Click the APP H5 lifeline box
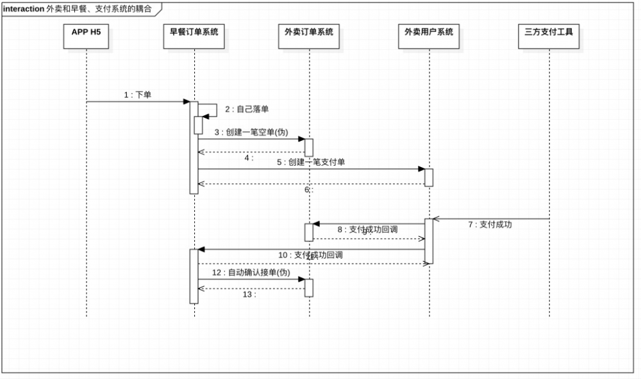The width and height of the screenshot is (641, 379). tap(86, 36)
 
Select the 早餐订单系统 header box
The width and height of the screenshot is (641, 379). tap(194, 36)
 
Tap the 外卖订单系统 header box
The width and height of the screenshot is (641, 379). tap(309, 36)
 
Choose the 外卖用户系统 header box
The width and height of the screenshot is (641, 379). tap(429, 36)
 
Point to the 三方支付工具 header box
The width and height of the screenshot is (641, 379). tap(549, 36)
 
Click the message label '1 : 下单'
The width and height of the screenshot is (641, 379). tap(138, 95)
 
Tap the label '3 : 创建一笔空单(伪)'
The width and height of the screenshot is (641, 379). tap(251, 132)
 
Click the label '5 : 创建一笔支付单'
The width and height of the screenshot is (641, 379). tap(311, 163)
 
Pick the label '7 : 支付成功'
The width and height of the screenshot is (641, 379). tap(490, 225)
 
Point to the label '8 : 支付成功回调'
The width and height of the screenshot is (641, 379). tap(368, 229)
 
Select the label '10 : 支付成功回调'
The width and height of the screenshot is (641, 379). tap(310, 255)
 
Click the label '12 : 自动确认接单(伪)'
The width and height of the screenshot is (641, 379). tap(252, 273)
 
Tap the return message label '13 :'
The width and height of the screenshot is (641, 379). tap(249, 294)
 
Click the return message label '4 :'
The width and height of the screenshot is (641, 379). tap(249, 157)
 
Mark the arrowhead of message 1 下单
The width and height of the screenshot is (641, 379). tap(187, 101)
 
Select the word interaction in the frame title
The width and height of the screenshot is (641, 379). tap(24, 10)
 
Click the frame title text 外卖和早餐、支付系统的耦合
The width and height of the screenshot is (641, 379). tap(99, 10)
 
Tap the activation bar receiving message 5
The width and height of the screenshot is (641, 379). tap(429, 177)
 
